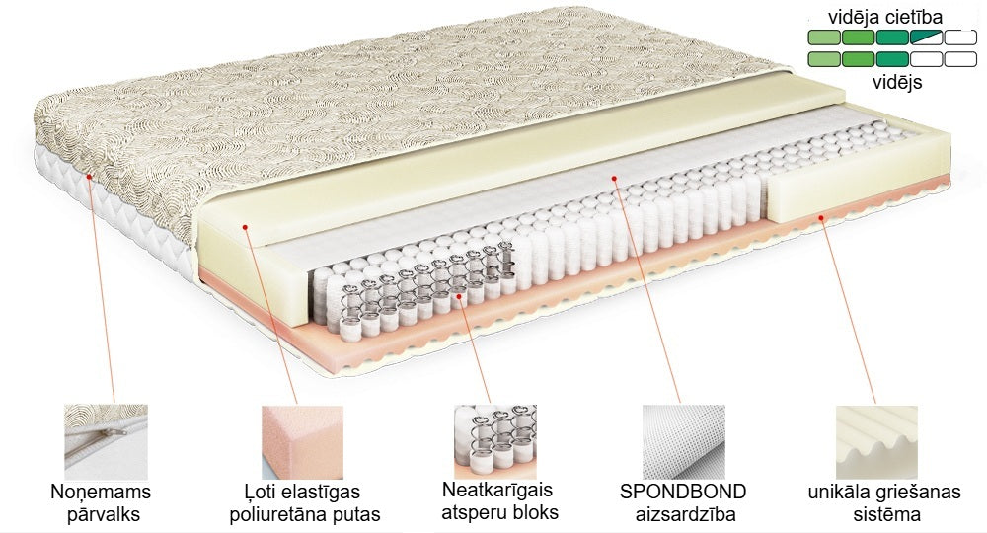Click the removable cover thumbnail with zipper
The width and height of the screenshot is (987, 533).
105,441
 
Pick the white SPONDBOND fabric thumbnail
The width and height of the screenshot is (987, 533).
683,441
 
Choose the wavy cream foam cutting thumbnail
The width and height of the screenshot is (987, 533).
875,441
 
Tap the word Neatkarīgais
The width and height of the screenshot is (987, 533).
497,491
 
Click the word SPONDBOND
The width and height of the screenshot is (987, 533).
683,492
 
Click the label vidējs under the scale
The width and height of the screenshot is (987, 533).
896,83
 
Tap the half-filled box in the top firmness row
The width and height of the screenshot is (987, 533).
926,38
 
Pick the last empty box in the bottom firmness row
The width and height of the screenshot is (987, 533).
960,59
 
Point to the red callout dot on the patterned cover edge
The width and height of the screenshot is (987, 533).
89,177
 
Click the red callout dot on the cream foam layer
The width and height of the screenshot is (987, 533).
244,229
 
